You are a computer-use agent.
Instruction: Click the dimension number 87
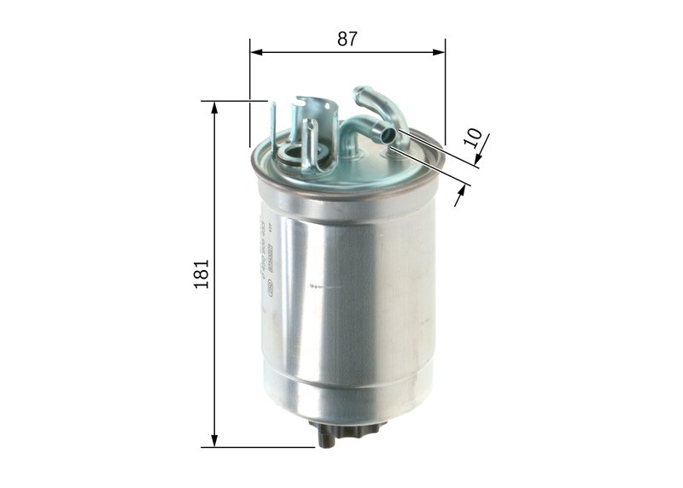[347, 38]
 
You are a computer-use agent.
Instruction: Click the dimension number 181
[201, 273]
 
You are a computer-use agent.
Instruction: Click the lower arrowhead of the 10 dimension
[460, 198]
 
